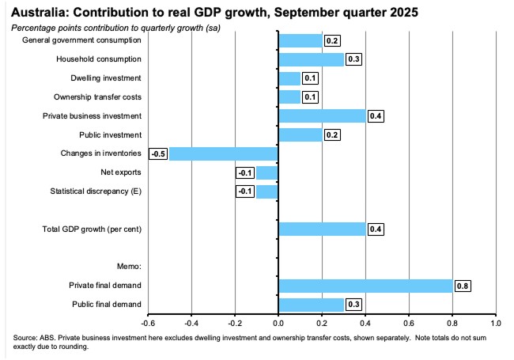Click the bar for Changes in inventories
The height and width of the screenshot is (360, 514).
224,153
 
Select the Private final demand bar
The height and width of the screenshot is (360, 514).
365,286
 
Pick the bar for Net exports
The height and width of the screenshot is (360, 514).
267,172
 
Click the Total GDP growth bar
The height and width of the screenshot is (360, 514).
322,229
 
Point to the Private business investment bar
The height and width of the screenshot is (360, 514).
322,116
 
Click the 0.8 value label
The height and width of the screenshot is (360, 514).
461,286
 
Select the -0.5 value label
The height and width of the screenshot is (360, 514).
160,153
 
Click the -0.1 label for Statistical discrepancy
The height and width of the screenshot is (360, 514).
245,191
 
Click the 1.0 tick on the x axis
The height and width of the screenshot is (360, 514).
495,323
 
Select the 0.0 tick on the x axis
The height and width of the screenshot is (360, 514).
278,323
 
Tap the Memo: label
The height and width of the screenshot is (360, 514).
128,267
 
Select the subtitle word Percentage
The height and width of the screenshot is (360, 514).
35,26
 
